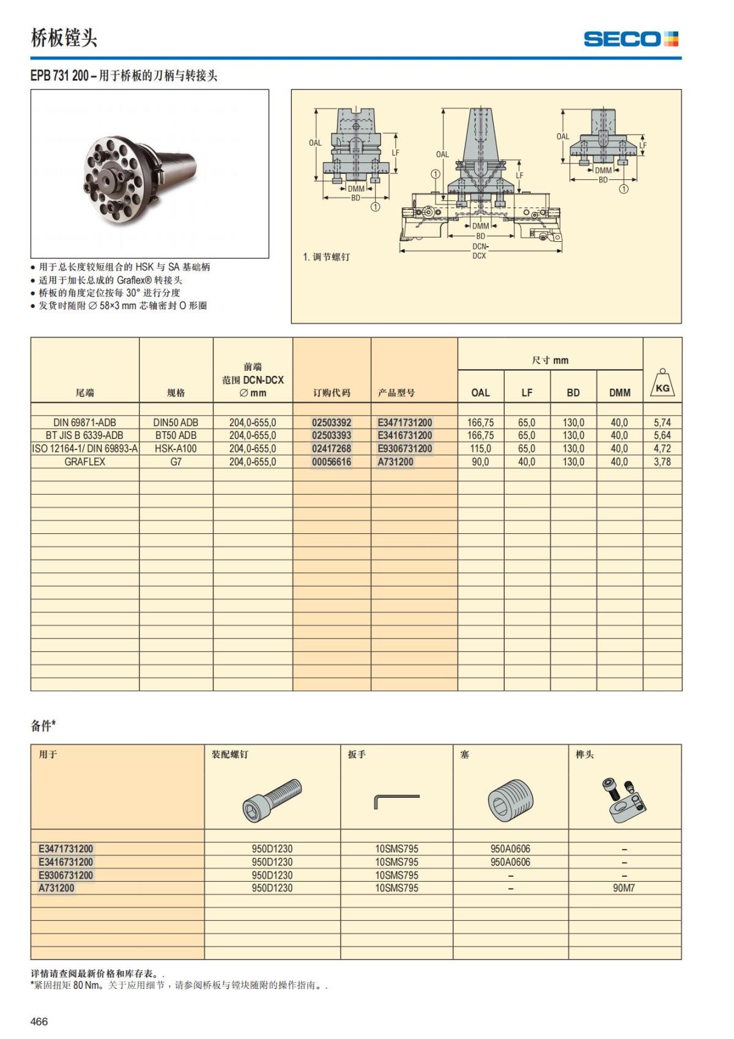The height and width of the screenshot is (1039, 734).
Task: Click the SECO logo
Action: pyautogui.click(x=631, y=39)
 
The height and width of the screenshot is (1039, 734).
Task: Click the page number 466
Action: pyautogui.click(x=39, y=1021)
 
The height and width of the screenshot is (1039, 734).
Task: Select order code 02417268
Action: pyautogui.click(x=332, y=448)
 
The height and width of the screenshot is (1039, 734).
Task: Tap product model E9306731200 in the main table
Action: pyautogui.click(x=404, y=448)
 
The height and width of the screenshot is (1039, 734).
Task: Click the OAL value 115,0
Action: pyautogui.click(x=480, y=448)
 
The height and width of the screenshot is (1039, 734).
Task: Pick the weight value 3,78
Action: pyautogui.click(x=662, y=462)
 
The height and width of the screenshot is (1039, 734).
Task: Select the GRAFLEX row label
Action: pyautogui.click(x=84, y=462)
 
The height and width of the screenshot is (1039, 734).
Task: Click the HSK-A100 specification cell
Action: pyautogui.click(x=176, y=448)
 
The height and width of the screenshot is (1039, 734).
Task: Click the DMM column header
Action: pyautogui.click(x=619, y=392)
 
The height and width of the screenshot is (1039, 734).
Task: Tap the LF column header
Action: pyautogui.click(x=527, y=392)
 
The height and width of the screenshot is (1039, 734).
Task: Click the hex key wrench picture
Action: pyautogui.click(x=396, y=800)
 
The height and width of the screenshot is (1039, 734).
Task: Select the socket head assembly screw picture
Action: pyautogui.click(x=272, y=800)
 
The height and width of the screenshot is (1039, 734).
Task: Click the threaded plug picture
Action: pyautogui.click(x=510, y=800)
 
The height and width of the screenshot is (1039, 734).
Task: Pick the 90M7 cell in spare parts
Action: pyautogui.click(x=623, y=888)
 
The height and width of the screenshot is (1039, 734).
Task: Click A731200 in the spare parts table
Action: pyautogui.click(x=56, y=888)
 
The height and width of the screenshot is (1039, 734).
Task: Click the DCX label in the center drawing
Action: pyautogui.click(x=479, y=255)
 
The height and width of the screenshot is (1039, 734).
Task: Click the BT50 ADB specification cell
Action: pyautogui.click(x=176, y=435)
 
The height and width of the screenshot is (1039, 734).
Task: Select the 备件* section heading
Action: pyautogui.click(x=43, y=726)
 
